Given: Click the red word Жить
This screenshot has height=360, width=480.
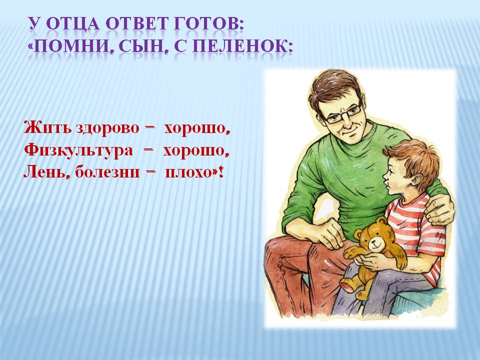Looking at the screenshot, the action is tap(47, 127).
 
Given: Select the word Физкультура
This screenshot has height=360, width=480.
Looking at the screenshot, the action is tap(78, 150).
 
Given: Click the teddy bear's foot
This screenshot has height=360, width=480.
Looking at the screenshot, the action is tap(348, 284).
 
